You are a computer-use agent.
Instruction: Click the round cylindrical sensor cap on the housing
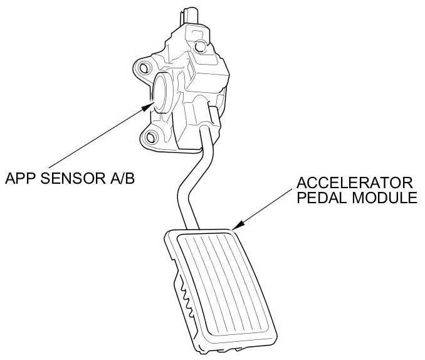pyautogui.click(x=164, y=91)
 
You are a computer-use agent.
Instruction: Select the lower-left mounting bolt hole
pyautogui.click(x=150, y=137)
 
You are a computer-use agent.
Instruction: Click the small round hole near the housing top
pyautogui.click(x=201, y=45)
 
